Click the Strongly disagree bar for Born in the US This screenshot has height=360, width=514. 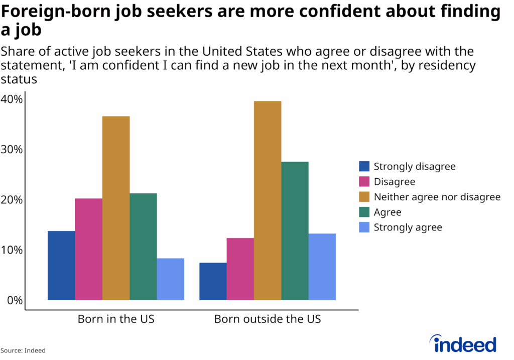pyautogui.click(x=61, y=266)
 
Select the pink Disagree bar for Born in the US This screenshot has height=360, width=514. pyautogui.click(x=89, y=250)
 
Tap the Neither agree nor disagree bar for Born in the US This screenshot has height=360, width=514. pyautogui.click(x=116, y=208)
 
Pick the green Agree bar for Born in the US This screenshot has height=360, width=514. pyautogui.click(x=143, y=247)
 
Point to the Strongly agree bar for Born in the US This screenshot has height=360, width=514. pyautogui.click(x=170, y=279)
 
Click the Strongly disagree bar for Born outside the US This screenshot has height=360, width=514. pyautogui.click(x=213, y=282)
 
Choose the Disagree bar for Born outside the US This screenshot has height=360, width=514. pyautogui.click(x=240, y=269)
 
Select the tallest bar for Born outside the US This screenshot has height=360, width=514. pyautogui.click(x=268, y=201)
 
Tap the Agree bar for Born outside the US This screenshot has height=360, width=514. pyautogui.click(x=295, y=231)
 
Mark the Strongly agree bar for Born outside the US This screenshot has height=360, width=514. pyautogui.click(x=322, y=267)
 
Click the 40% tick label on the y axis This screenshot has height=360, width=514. pyautogui.click(x=12, y=99)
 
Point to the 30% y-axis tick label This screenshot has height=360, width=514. pyautogui.click(x=12, y=150)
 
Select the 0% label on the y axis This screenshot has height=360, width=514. pyautogui.click(x=14, y=301)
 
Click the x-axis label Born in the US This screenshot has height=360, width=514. pyautogui.click(x=116, y=319)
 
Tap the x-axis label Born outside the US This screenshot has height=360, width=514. pyautogui.click(x=268, y=319)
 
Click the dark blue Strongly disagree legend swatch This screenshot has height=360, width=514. pyautogui.click(x=364, y=167)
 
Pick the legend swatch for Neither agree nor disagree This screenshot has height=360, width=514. pyautogui.click(x=364, y=197)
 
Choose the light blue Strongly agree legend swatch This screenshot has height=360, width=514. pyautogui.click(x=364, y=227)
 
